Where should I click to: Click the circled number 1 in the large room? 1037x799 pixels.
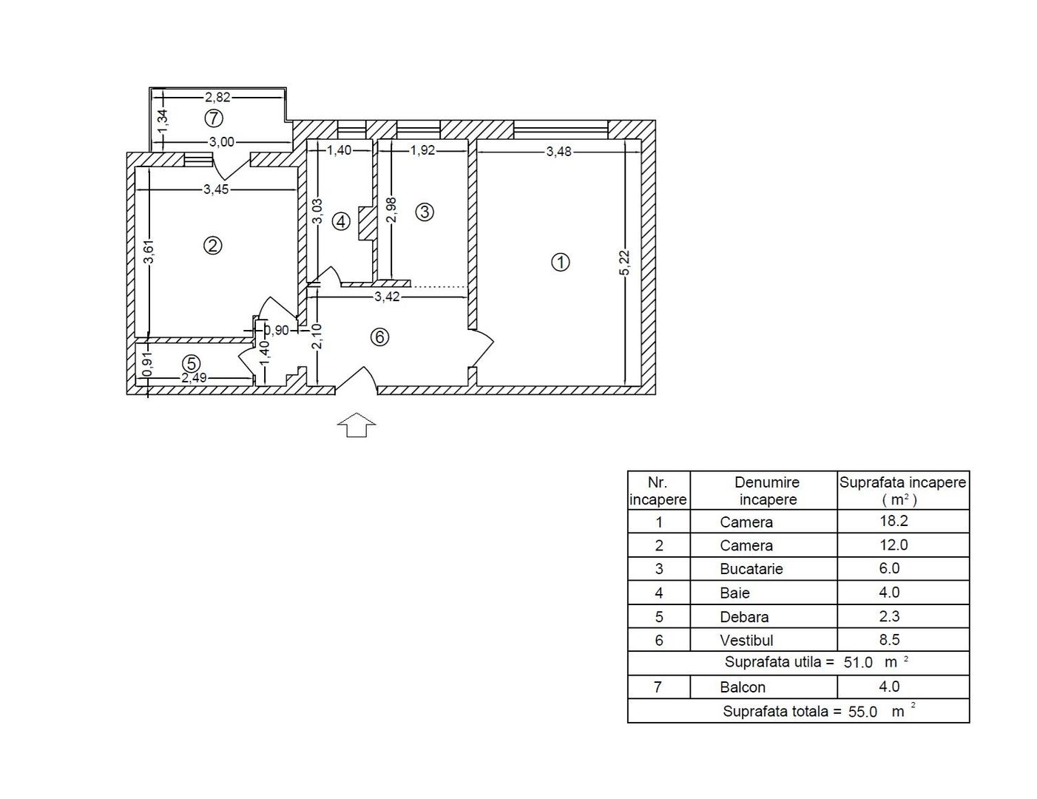coord(561,262)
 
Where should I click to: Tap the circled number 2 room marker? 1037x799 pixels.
coord(213,246)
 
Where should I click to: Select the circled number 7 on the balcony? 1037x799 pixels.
coord(214,118)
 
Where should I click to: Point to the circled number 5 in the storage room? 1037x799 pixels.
coord(192,363)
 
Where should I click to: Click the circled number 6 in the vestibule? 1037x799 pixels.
coord(379,337)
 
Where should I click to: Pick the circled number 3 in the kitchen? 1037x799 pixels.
coord(425,212)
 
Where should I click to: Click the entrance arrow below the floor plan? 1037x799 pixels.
coord(357,425)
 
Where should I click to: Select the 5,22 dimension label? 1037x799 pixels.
coord(624,263)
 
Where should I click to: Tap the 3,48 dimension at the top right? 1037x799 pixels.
coord(558,152)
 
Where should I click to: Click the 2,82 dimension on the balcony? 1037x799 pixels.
coord(218,96)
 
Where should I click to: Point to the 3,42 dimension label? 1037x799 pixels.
coord(387,297)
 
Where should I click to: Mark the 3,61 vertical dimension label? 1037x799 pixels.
coord(149,252)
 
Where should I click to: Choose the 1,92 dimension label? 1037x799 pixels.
coord(422,151)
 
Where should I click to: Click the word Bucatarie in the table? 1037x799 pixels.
coord(751,569)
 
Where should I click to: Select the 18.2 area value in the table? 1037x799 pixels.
coord(894,521)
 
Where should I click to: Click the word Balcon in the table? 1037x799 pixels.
coord(743,687)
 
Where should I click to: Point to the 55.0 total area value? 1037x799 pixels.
coord(862,712)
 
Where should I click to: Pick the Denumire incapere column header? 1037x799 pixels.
coord(767,490)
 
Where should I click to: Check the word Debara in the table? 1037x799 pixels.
coord(744,616)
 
